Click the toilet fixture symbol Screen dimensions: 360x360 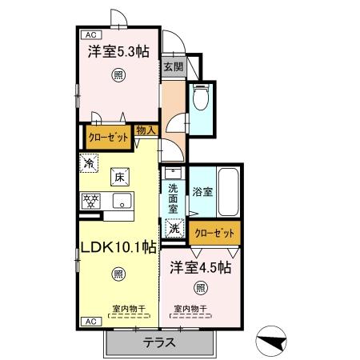201,97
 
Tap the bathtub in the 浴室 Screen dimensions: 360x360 228,192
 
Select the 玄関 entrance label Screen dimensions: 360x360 174,66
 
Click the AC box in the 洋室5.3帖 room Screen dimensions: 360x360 91,35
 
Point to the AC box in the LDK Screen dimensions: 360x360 91,322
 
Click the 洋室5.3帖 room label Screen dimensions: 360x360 118,52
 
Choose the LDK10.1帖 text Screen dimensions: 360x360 118,247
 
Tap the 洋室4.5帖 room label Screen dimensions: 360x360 201,267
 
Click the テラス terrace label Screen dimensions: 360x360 159,342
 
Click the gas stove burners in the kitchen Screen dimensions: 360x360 90,201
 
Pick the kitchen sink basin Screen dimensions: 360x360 122,201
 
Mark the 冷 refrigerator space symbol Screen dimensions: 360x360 89,163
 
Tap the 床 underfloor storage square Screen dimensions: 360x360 120,177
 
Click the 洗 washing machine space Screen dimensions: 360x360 174,228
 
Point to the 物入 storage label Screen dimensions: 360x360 146,130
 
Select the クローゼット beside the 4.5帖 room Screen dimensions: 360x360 214,233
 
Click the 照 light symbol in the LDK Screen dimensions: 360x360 118,274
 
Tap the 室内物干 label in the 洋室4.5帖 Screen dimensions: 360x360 190,309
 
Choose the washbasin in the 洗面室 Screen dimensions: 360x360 173,174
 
